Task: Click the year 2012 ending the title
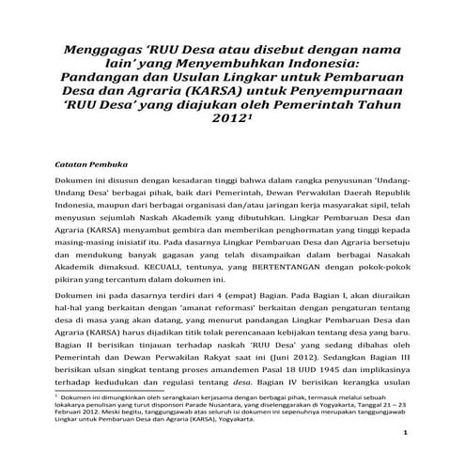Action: [230, 122]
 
